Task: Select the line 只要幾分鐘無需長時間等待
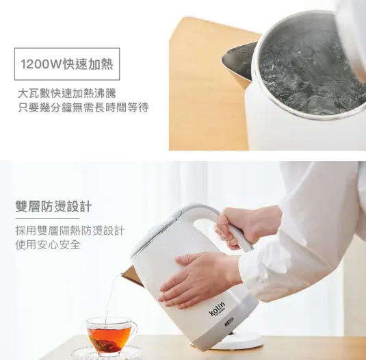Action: point(82,107)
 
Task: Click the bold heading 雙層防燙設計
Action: point(53,207)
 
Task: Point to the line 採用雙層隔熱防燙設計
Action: point(69,230)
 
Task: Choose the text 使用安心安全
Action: point(47,244)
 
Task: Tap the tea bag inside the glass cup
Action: point(105,338)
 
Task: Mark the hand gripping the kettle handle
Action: point(243,226)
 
